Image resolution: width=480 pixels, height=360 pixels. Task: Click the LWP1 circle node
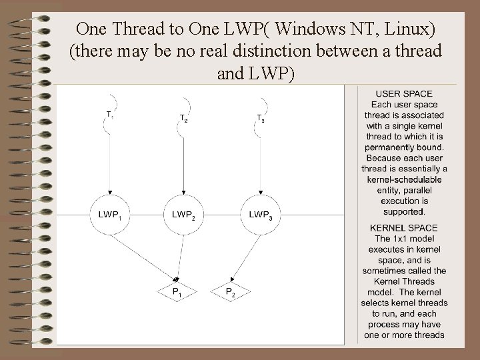[109, 215]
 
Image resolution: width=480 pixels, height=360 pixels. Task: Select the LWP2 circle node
[183, 215]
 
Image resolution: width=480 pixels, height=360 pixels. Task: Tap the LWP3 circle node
[260, 215]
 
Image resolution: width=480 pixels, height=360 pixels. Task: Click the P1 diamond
[175, 291]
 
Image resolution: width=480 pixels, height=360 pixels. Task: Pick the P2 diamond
[229, 291]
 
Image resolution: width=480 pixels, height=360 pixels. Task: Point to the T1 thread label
[109, 114]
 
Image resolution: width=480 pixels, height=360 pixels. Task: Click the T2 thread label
[183, 118]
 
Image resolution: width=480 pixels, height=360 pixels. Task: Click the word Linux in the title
[413, 29]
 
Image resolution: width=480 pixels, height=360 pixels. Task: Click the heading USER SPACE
[404, 94]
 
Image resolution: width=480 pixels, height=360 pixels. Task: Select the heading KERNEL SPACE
[404, 228]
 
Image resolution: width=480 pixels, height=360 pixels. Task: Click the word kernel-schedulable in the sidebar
[404, 179]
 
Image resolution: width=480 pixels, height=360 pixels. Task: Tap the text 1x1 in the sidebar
[404, 239]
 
